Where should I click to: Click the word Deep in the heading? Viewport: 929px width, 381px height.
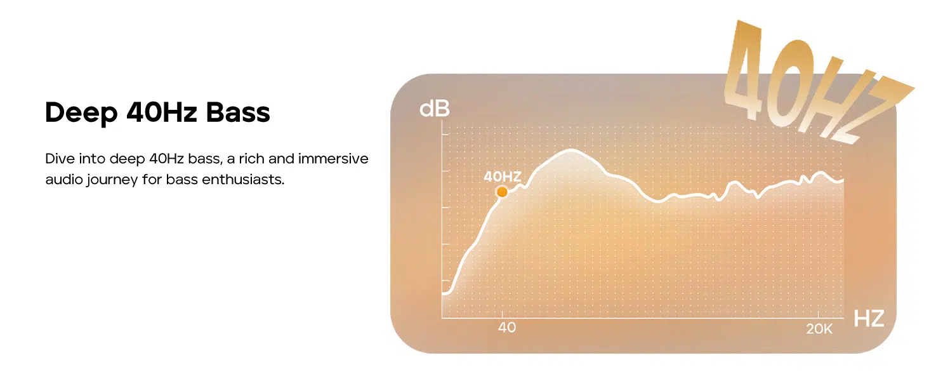[81, 113]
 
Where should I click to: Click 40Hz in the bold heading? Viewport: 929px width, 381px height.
[161, 112]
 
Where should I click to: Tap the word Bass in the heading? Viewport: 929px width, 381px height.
[238, 112]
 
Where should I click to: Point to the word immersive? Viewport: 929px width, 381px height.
[333, 159]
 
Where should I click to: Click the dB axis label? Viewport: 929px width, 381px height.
[434, 109]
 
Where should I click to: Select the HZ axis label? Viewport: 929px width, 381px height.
[869, 319]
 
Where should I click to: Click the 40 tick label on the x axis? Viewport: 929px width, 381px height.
[507, 328]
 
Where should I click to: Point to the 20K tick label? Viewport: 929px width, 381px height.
[819, 329]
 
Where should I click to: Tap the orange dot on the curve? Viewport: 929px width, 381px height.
[502, 192]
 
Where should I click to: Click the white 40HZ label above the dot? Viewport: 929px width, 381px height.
[502, 177]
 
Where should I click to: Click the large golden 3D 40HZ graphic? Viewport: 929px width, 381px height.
[815, 83]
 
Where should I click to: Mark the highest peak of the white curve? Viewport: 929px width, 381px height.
[572, 150]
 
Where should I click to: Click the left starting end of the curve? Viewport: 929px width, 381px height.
[444, 293]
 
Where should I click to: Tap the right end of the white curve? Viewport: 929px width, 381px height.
[843, 180]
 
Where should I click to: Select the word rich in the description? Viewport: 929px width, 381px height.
[251, 159]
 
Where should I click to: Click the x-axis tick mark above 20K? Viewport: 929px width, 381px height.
[818, 314]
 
